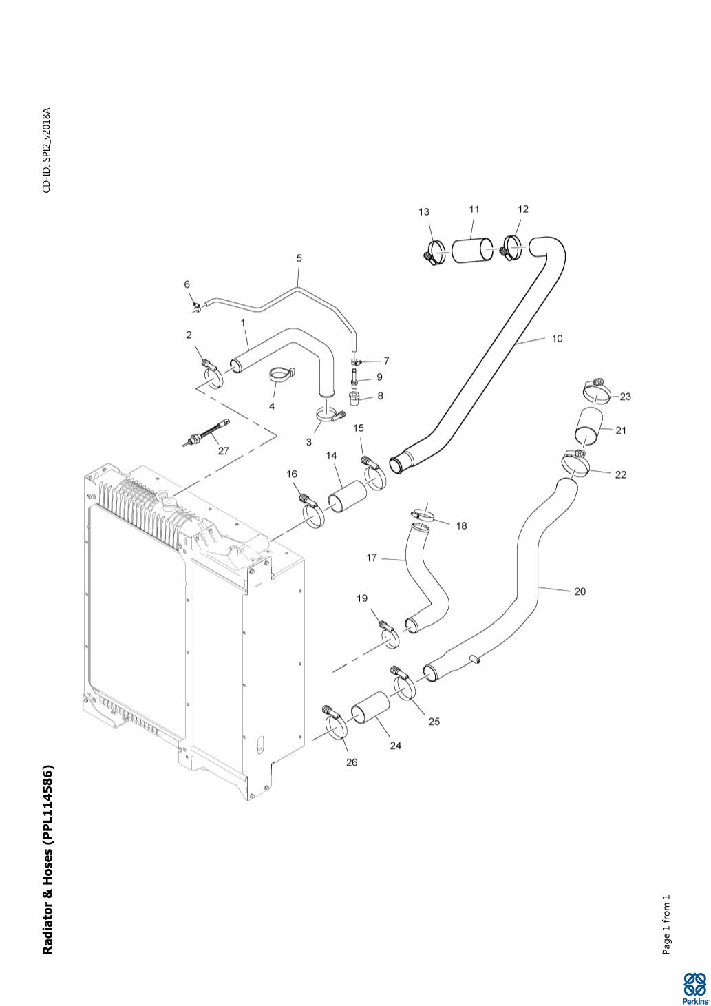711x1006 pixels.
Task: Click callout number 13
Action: click(424, 211)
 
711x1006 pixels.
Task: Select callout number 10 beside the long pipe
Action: click(557, 338)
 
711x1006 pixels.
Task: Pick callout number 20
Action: click(580, 591)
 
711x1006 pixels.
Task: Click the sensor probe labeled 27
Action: click(204, 436)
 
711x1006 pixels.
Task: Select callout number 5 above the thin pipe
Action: click(299, 258)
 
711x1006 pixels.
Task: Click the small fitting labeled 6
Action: click(196, 304)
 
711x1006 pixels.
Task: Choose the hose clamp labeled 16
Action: click(312, 513)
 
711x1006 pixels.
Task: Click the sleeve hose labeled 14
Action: click(346, 497)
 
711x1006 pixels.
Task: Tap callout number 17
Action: click(372, 558)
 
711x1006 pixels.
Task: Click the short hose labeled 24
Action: click(370, 715)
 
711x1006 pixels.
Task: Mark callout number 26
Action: click(352, 762)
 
